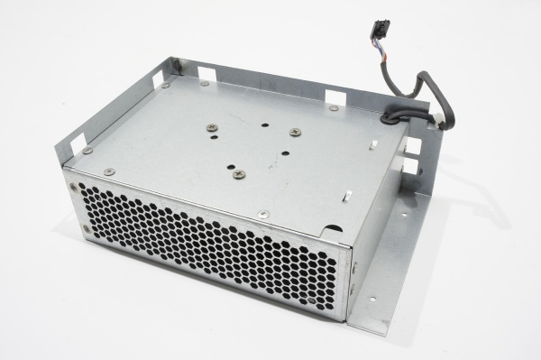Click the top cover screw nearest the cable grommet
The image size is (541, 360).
(335, 108)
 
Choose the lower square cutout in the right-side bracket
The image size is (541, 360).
(410, 166)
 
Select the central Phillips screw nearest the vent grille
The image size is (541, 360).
(238, 174)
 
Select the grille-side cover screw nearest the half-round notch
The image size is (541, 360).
(263, 215)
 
